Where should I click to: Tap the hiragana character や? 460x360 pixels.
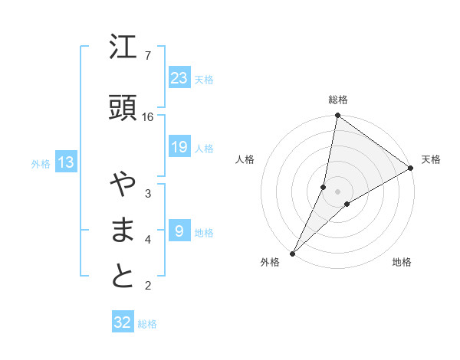[123, 185]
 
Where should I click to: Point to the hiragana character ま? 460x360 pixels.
[123, 231]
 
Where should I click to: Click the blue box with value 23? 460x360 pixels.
[179, 77]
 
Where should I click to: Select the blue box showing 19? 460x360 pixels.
[179, 147]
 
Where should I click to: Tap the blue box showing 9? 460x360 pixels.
[179, 231]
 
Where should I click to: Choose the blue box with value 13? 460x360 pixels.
[65, 162]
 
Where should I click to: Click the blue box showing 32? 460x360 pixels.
[123, 322]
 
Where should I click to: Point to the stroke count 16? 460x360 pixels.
[148, 116]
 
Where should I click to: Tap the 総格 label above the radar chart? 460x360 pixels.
[338, 100]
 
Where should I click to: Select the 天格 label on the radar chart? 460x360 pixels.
[431, 159]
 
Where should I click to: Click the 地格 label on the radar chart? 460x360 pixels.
[402, 262]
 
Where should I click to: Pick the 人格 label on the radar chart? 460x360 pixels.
[245, 159]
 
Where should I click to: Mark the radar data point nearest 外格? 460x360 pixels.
[292, 253]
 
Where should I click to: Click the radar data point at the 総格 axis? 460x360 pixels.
[337, 116]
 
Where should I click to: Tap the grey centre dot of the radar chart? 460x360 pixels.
[337, 191]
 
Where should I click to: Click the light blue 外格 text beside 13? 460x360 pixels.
[41, 163]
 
